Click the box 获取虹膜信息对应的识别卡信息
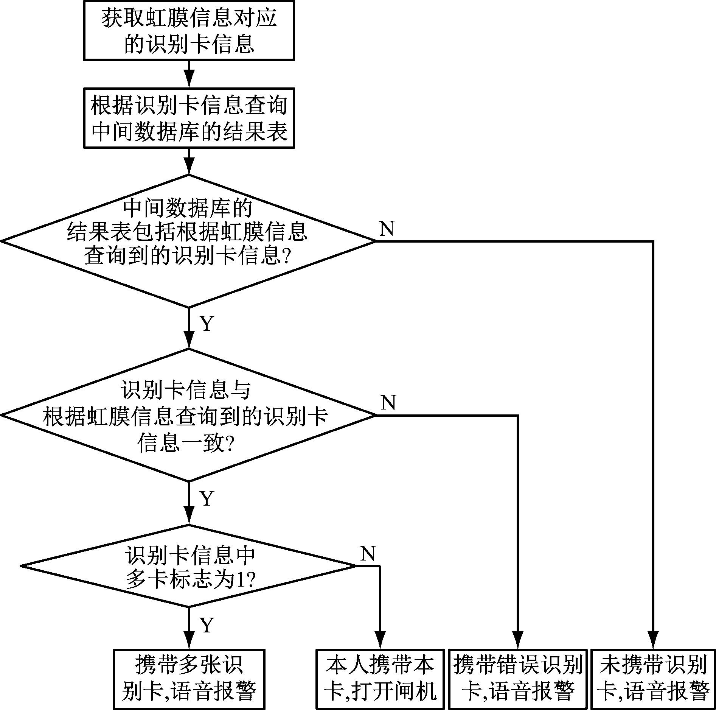click(189, 30)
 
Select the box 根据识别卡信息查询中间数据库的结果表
click(189, 118)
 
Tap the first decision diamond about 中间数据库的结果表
click(189, 241)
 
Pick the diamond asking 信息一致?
click(189, 415)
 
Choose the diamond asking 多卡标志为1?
click(189, 566)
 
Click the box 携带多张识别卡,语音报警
click(189, 679)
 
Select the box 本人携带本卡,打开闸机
click(380, 679)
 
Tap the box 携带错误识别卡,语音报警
click(517, 679)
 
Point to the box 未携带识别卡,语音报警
click(653, 679)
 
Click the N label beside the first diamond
click(387, 229)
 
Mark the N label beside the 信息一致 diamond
click(388, 403)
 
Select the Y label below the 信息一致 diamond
click(207, 498)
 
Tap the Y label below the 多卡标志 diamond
click(207, 625)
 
